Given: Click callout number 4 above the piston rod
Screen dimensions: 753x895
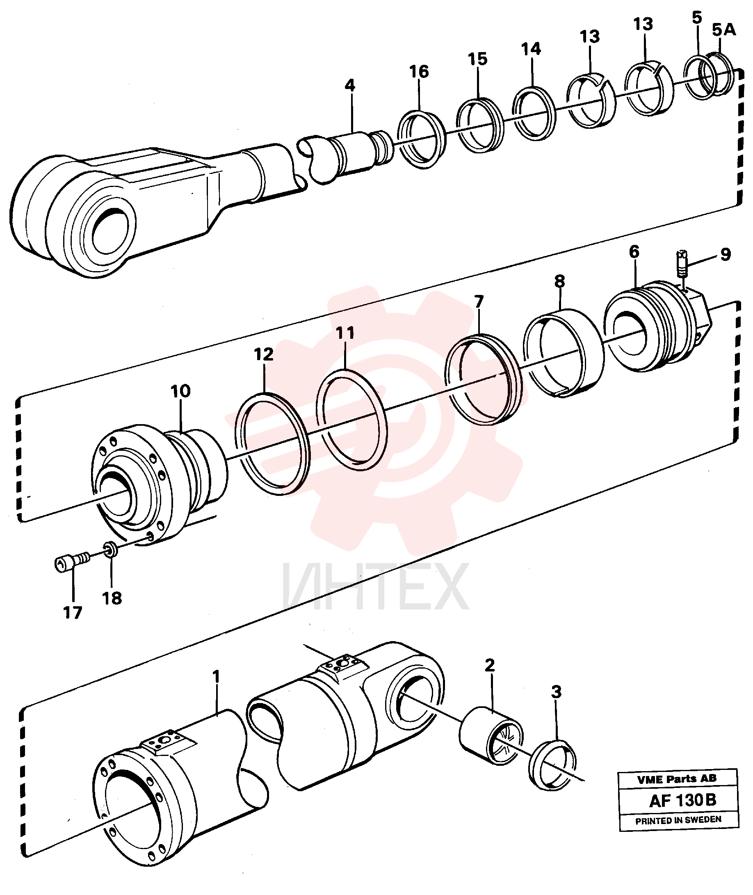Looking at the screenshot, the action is (x=350, y=86).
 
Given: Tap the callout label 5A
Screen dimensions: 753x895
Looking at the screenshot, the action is (x=724, y=30).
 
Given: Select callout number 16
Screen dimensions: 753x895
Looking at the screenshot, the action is (x=419, y=71).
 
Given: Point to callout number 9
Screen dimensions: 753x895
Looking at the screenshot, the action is (x=725, y=254).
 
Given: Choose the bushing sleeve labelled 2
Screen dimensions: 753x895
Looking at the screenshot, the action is (x=491, y=735).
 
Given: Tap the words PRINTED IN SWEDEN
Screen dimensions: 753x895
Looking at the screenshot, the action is (x=678, y=820).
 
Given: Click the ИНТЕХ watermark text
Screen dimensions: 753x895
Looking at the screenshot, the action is (x=375, y=587).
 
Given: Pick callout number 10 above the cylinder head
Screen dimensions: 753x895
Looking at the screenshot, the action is (x=180, y=391).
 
